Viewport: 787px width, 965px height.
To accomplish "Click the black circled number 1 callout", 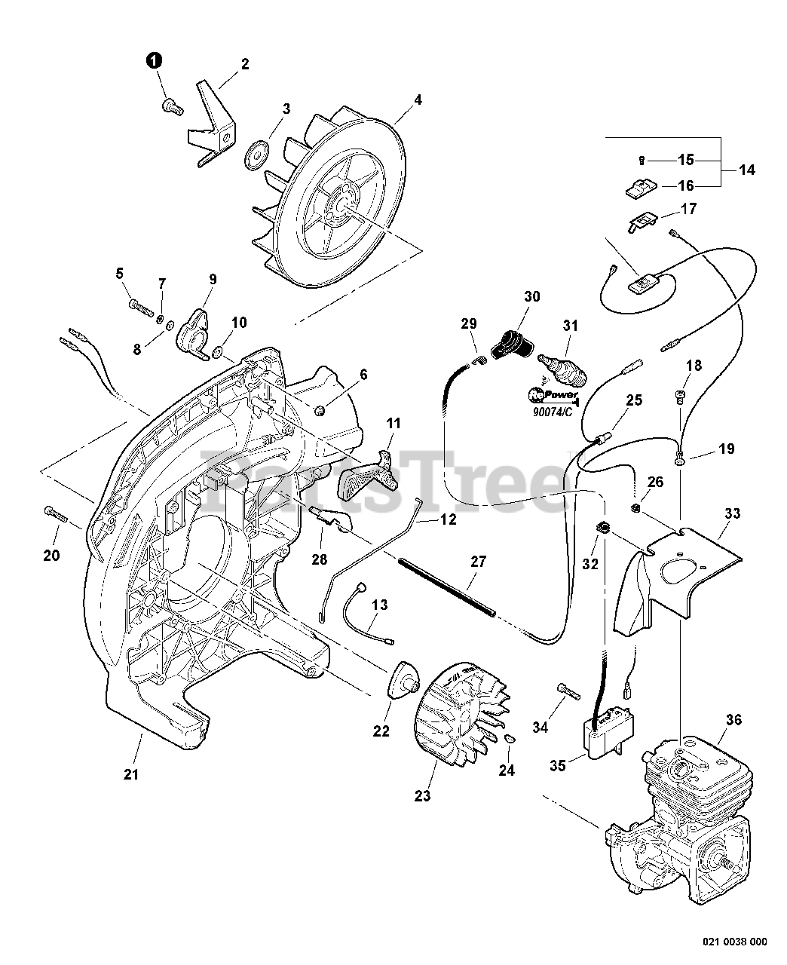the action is click(x=155, y=60).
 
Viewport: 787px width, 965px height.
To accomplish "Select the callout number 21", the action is click(x=131, y=774).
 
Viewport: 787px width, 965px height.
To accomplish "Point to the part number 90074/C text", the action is click(x=553, y=412).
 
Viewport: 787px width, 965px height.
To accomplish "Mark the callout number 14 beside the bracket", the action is click(x=747, y=170).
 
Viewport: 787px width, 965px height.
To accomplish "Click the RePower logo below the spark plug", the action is click(x=553, y=394).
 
